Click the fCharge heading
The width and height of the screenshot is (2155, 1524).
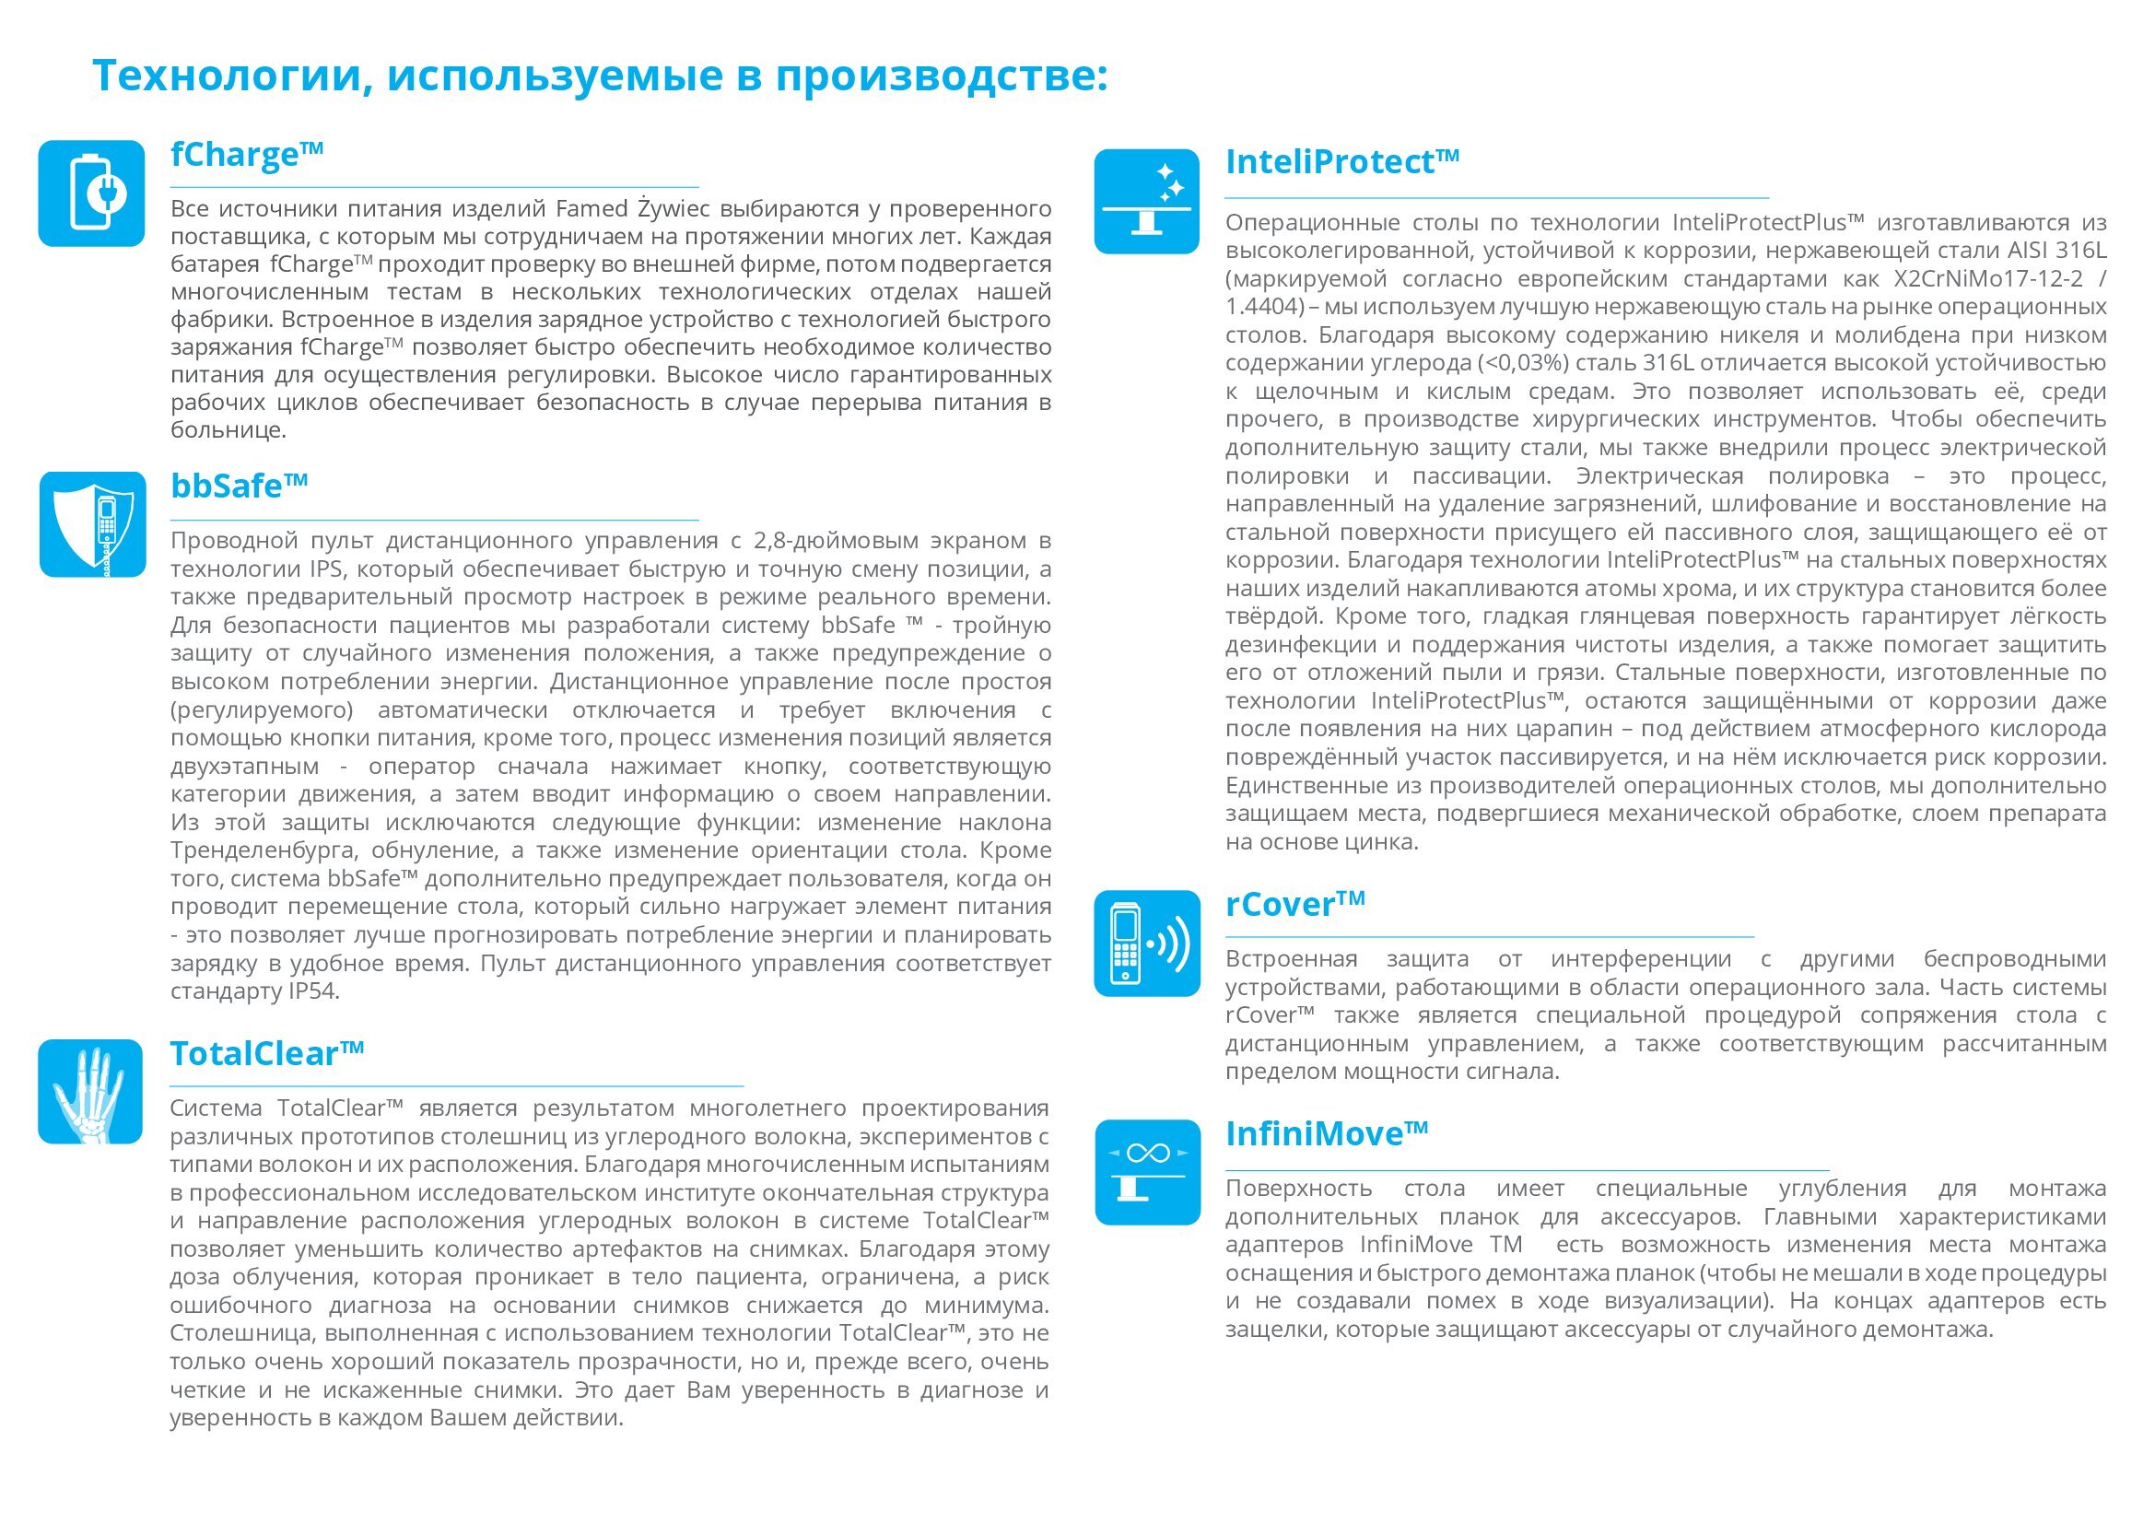(246, 155)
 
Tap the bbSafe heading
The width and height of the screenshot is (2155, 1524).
(239, 487)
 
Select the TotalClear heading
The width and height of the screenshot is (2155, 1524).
(266, 1054)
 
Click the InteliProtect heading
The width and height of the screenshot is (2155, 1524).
(1341, 162)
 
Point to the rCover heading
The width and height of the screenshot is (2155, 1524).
(1294, 905)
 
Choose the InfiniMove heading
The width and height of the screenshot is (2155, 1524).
(1326, 1134)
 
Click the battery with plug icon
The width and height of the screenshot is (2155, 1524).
(91, 193)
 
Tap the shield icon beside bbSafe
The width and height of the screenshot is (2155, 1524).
(92, 523)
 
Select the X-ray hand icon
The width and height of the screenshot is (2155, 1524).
(90, 1091)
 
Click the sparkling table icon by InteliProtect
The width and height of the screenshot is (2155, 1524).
(1147, 201)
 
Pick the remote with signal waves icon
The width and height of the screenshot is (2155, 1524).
(1147, 944)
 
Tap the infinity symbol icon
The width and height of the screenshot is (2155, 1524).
(1147, 1172)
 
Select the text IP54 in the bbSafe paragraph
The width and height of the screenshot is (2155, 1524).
(309, 991)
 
